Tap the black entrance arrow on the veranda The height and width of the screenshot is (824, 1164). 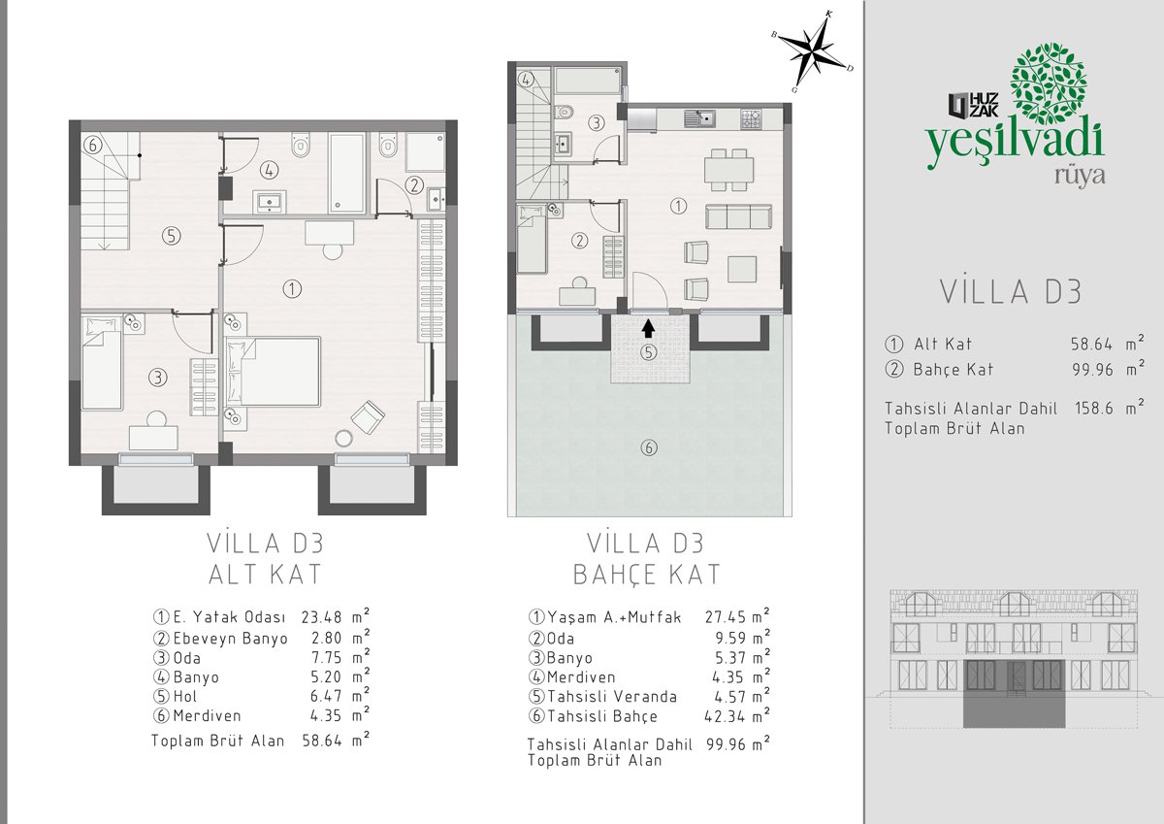(648, 329)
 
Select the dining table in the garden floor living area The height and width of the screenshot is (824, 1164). (729, 170)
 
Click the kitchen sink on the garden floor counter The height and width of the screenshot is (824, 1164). (699, 118)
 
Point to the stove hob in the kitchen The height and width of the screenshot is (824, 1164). (751, 119)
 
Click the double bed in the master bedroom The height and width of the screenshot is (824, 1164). (272, 371)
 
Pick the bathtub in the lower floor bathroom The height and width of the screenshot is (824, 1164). (346, 173)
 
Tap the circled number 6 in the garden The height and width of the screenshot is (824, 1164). (649, 447)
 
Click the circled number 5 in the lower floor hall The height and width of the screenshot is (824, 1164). (171, 236)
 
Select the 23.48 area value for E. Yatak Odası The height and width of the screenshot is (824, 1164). (322, 617)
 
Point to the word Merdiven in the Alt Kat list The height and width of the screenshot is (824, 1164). (207, 716)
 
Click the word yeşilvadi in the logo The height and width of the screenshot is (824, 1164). (1016, 142)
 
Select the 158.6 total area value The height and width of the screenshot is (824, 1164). (1094, 409)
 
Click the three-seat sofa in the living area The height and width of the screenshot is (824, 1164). (738, 216)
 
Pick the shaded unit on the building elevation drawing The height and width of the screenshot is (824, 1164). (1014, 694)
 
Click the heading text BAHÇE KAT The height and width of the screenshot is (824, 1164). (646, 575)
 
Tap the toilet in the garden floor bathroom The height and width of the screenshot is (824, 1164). (564, 112)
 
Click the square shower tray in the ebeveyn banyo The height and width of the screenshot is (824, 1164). (425, 151)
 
